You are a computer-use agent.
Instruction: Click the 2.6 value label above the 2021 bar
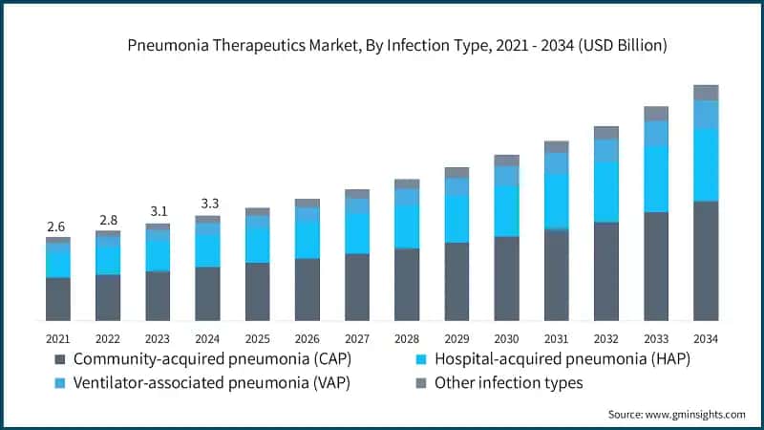click(56, 226)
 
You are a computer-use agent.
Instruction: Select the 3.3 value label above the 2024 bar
click(210, 204)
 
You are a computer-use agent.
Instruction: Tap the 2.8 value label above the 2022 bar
click(108, 221)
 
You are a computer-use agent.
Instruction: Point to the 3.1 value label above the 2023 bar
click(159, 211)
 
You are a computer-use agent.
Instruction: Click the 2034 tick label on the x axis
click(706, 338)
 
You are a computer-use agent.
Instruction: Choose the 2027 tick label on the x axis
click(357, 338)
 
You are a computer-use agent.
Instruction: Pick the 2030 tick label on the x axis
click(506, 338)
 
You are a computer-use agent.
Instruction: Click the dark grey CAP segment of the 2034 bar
click(706, 261)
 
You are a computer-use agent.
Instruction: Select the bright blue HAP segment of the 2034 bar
click(706, 164)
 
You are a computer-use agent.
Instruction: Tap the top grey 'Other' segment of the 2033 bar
click(656, 114)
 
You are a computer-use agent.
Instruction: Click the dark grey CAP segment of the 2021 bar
click(58, 299)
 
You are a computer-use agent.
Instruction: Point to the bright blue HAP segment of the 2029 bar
click(457, 219)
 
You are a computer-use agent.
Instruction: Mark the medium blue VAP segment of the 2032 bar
click(606, 151)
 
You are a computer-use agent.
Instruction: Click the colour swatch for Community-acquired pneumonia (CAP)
click(60, 360)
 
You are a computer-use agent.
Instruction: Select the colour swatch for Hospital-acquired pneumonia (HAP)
click(421, 360)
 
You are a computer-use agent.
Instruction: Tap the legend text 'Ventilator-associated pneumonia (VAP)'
click(212, 383)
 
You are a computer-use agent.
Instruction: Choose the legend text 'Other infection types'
click(509, 383)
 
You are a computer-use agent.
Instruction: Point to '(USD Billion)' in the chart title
click(623, 45)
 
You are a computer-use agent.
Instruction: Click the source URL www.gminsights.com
click(695, 415)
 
